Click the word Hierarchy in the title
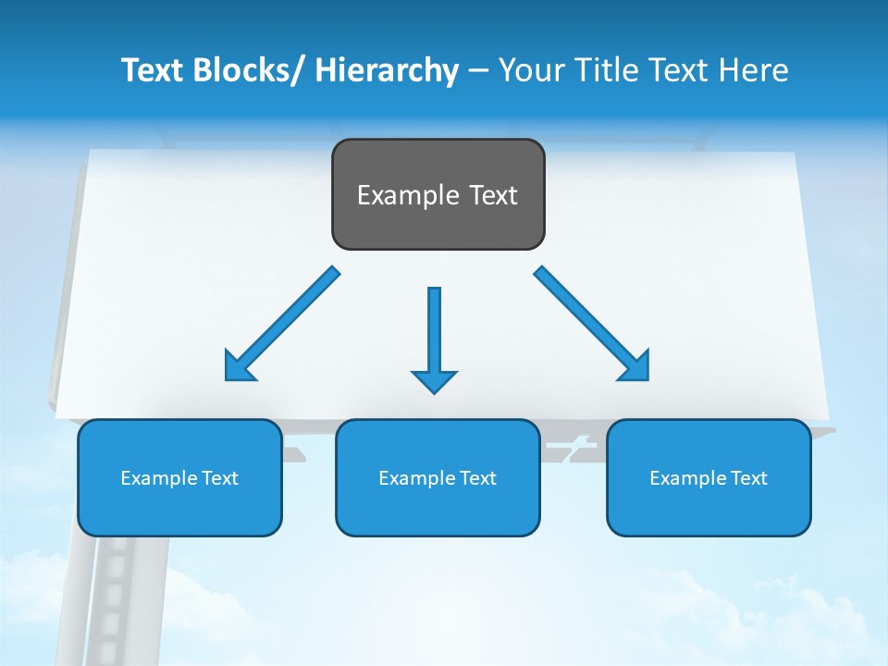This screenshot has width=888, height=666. pyautogui.click(x=387, y=70)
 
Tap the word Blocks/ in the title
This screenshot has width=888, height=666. pyautogui.click(x=252, y=70)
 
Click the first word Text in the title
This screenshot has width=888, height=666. pyautogui.click(x=154, y=70)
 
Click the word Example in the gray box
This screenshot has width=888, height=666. pyautogui.click(x=395, y=195)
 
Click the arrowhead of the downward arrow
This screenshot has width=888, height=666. pyautogui.click(x=434, y=380)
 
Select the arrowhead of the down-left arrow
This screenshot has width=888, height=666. pyautogui.click(x=238, y=366)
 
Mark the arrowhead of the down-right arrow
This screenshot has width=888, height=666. pyautogui.click(x=635, y=366)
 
